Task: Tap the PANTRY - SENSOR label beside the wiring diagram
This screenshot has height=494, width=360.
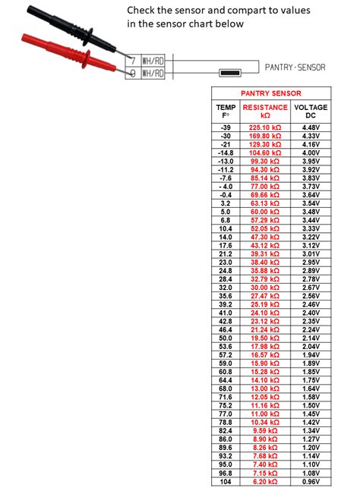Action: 295,68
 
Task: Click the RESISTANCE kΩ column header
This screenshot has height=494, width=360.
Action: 265,112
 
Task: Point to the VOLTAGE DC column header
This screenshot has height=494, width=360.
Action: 311,112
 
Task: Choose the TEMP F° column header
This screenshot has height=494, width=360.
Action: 226,112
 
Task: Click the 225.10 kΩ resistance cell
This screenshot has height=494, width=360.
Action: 265,127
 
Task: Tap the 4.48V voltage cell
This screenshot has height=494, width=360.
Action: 311,127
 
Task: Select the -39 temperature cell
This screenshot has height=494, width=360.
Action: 226,127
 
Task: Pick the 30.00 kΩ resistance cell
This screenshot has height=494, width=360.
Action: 265,288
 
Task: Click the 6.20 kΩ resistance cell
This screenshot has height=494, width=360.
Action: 265,482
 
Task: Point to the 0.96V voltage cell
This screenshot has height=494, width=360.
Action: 311,482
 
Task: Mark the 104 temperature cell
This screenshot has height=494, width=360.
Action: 226,482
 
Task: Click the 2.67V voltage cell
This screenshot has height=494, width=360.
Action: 311,288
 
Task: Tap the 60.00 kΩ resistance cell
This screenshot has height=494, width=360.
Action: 265,211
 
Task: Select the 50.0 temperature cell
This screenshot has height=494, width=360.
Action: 226,338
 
